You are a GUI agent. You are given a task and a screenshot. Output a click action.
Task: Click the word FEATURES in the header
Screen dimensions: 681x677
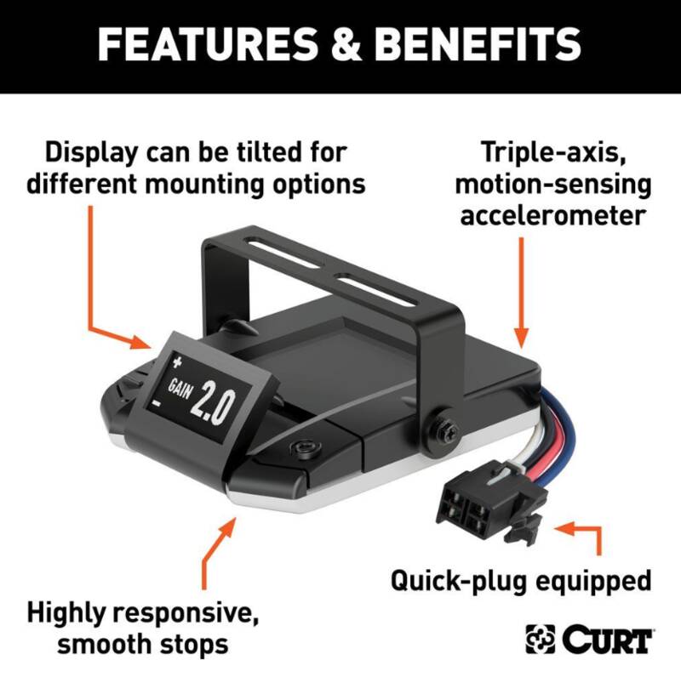[x=208, y=44]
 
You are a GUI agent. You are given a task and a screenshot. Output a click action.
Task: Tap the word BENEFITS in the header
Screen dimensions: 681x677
[x=478, y=44]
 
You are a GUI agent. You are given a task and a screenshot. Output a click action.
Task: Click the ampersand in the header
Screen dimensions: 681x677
[x=346, y=44]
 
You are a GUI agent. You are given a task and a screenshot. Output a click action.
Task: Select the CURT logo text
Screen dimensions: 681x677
[x=608, y=640]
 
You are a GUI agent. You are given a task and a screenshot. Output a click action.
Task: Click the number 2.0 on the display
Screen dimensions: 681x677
[x=212, y=404]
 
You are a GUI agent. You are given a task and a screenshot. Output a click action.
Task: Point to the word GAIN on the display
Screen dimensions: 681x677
[x=180, y=388]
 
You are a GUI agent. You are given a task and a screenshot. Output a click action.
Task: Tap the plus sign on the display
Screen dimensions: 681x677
[x=177, y=361]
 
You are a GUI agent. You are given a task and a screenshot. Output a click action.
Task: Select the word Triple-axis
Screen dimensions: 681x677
[x=553, y=152]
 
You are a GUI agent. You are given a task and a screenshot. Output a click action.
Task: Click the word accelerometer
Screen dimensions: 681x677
[x=553, y=215]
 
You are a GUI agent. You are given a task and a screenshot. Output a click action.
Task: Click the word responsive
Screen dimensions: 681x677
[x=183, y=612]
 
